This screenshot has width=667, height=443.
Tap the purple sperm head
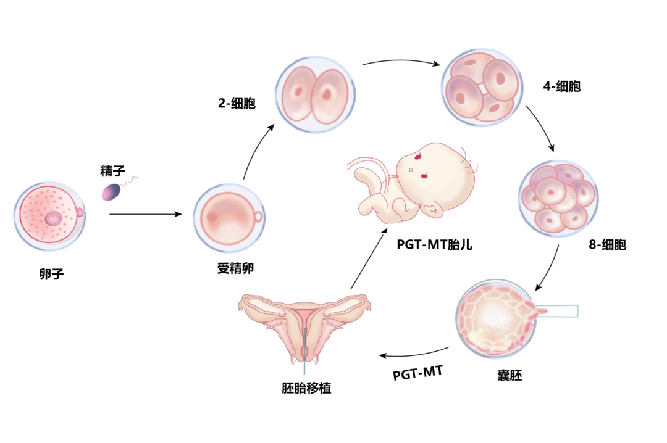tap(112, 193)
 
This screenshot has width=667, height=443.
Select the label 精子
tap(113, 170)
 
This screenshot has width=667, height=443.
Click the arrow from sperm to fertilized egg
tap(146, 215)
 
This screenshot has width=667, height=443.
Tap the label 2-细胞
tap(236, 103)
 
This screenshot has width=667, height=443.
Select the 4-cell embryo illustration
tap(482, 86)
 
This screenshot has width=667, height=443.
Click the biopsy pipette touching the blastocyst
tap(559, 311)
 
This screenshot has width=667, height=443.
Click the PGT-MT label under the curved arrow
tap(418, 374)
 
